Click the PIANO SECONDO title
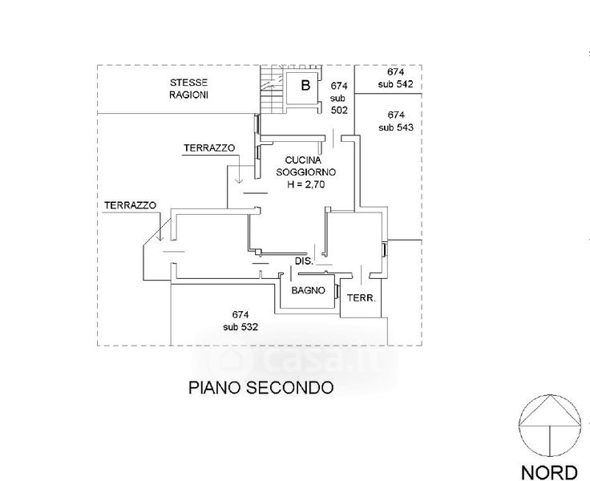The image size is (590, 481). (261, 388)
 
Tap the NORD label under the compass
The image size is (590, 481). (550, 471)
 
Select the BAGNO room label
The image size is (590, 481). (308, 291)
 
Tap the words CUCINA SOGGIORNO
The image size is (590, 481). (305, 166)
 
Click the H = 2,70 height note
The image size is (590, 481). (305, 184)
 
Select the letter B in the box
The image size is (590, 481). (305, 85)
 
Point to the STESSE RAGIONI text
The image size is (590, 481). (189, 90)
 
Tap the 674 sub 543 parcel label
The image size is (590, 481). (396, 120)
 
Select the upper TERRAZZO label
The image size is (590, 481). (208, 148)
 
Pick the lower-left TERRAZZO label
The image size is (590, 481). (129, 205)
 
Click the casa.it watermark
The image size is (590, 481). (305, 359)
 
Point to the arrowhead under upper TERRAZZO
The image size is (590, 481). (237, 180)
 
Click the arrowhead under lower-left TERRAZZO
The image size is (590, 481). (160, 237)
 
